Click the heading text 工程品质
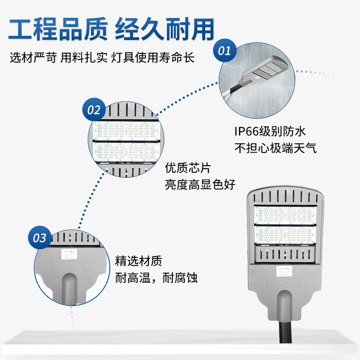[58, 30]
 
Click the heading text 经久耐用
[165, 30]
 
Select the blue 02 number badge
[94, 109]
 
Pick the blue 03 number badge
[40, 238]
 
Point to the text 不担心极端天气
[275, 148]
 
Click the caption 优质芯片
[188, 168]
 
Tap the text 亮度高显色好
[200, 185]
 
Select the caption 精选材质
[138, 261]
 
